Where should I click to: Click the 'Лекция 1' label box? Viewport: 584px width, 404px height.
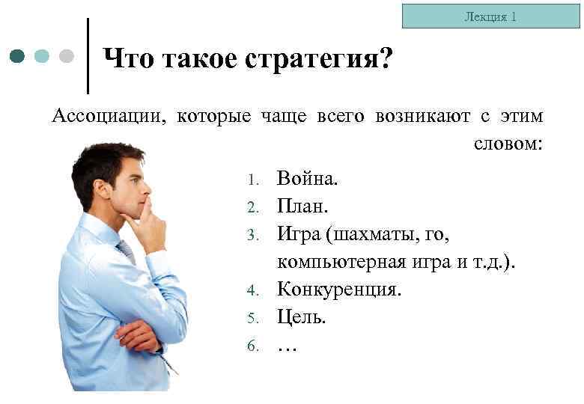tap(491, 16)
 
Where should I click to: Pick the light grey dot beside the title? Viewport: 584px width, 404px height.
tap(67, 56)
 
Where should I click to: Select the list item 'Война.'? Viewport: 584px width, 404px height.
tap(308, 179)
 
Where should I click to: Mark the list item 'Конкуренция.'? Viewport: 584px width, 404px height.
tap(339, 290)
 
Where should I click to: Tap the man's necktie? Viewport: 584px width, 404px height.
tap(126, 251)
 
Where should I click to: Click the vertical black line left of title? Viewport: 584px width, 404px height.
tap(89, 56)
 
